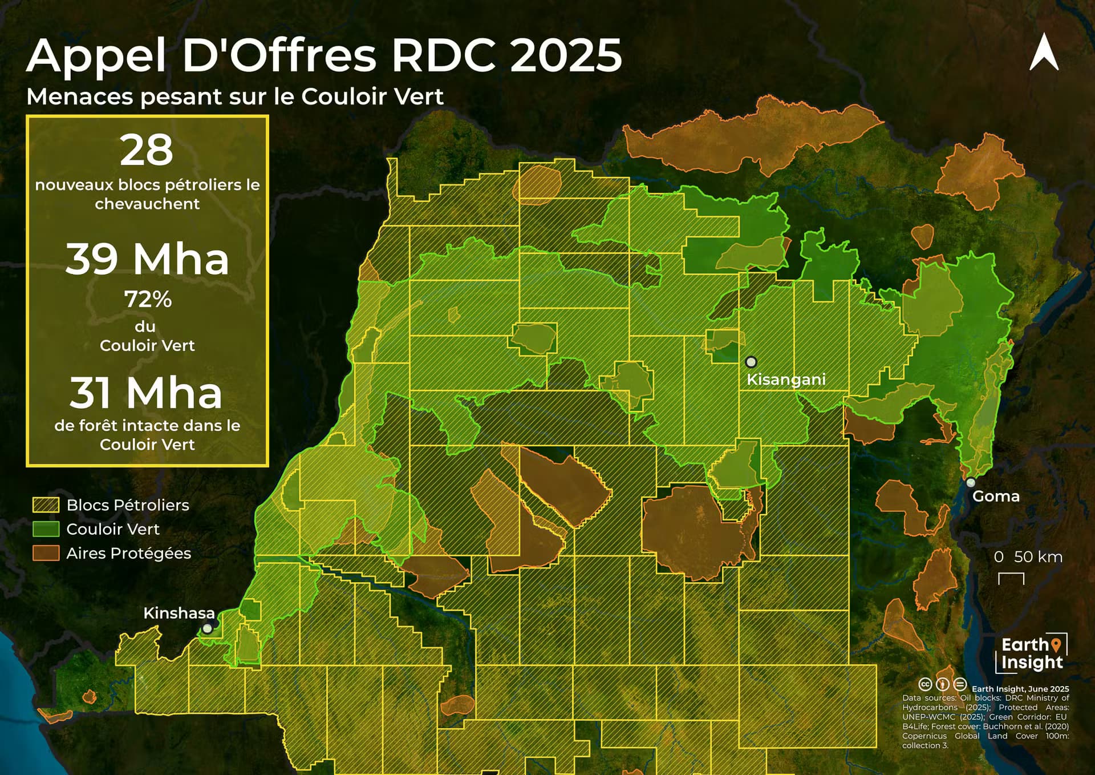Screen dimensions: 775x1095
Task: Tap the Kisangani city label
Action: (786, 380)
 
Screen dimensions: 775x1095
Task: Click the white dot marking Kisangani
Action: (751, 362)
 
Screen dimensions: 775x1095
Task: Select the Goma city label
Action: (996, 496)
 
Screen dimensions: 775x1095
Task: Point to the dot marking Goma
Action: (971, 482)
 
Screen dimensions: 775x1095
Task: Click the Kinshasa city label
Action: (179, 613)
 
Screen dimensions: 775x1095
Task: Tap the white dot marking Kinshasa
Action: (208, 628)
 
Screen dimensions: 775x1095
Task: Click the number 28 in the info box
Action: (147, 150)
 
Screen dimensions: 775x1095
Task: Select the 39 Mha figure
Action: (147, 259)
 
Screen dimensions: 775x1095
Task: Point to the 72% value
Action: (148, 299)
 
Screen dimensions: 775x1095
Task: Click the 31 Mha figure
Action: (146, 393)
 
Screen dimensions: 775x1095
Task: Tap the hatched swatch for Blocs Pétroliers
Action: (46, 504)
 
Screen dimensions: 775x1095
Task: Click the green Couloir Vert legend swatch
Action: (46, 529)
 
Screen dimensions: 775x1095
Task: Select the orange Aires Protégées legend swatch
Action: (46, 553)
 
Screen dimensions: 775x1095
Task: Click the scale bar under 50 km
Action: (1011, 579)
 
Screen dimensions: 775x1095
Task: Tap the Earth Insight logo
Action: (1033, 653)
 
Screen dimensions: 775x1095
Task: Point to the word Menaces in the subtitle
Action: (79, 96)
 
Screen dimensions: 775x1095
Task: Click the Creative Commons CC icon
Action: (925, 684)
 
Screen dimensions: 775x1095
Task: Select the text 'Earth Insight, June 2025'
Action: (1020, 689)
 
